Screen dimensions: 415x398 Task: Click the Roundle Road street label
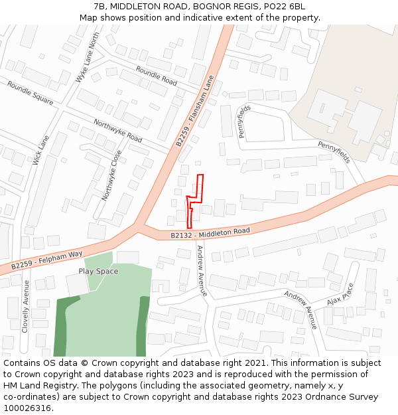coord(157,76)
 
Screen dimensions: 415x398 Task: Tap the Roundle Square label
coord(31,92)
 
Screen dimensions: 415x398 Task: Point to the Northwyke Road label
coord(118,131)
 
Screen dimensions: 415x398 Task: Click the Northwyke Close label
coord(111,175)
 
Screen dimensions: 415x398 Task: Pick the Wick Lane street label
coord(41,150)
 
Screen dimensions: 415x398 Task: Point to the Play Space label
coord(98,271)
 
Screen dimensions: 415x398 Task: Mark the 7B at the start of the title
coord(100,7)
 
